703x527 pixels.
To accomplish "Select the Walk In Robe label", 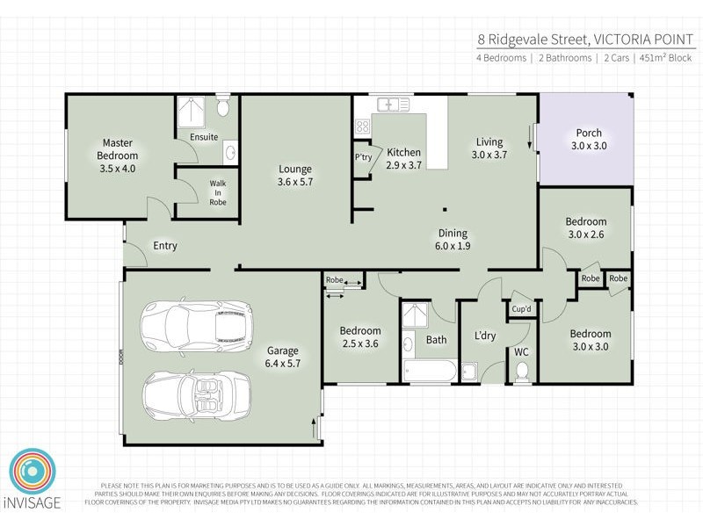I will point(218,193).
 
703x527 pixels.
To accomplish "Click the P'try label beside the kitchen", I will point(363,158).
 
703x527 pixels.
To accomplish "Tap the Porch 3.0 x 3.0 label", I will point(589,140).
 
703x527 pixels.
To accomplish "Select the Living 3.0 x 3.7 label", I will point(489,148).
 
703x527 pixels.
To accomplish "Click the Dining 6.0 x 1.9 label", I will point(453,240).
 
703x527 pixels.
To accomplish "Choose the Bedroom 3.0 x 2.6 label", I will point(585,227).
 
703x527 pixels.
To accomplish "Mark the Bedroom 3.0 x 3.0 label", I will point(590,340).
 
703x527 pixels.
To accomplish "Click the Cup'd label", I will point(522,309).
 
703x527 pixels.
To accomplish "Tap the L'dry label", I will point(485,336).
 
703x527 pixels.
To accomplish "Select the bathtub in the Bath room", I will point(429,370).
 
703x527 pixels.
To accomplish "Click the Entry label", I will point(165,246).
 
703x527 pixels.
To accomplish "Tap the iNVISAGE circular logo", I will point(33,474).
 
